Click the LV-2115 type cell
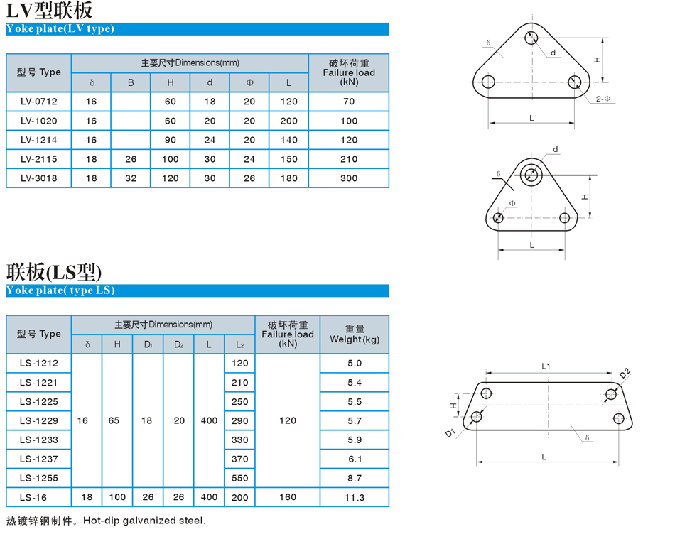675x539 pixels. (x=39, y=159)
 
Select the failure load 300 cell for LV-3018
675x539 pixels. (x=349, y=178)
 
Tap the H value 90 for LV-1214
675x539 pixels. (x=171, y=140)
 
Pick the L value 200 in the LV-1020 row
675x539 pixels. (x=289, y=121)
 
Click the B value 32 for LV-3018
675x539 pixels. (x=131, y=178)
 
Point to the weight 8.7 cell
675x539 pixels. (x=355, y=478)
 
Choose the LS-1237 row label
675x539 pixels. (x=39, y=459)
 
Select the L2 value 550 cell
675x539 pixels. (x=239, y=478)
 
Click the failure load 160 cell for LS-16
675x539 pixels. (x=288, y=497)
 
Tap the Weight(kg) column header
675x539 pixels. (x=355, y=334)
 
